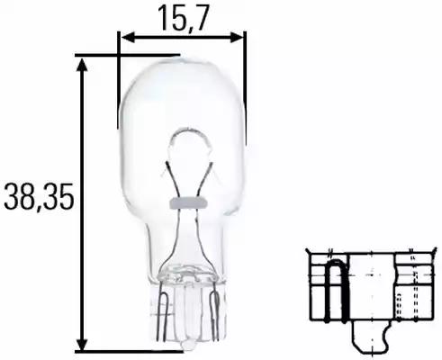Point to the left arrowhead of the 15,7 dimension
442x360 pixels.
click(x=125, y=38)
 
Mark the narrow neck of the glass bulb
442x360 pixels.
click(x=184, y=247)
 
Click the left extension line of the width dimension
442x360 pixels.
click(x=119, y=81)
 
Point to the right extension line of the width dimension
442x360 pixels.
click(x=245, y=81)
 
